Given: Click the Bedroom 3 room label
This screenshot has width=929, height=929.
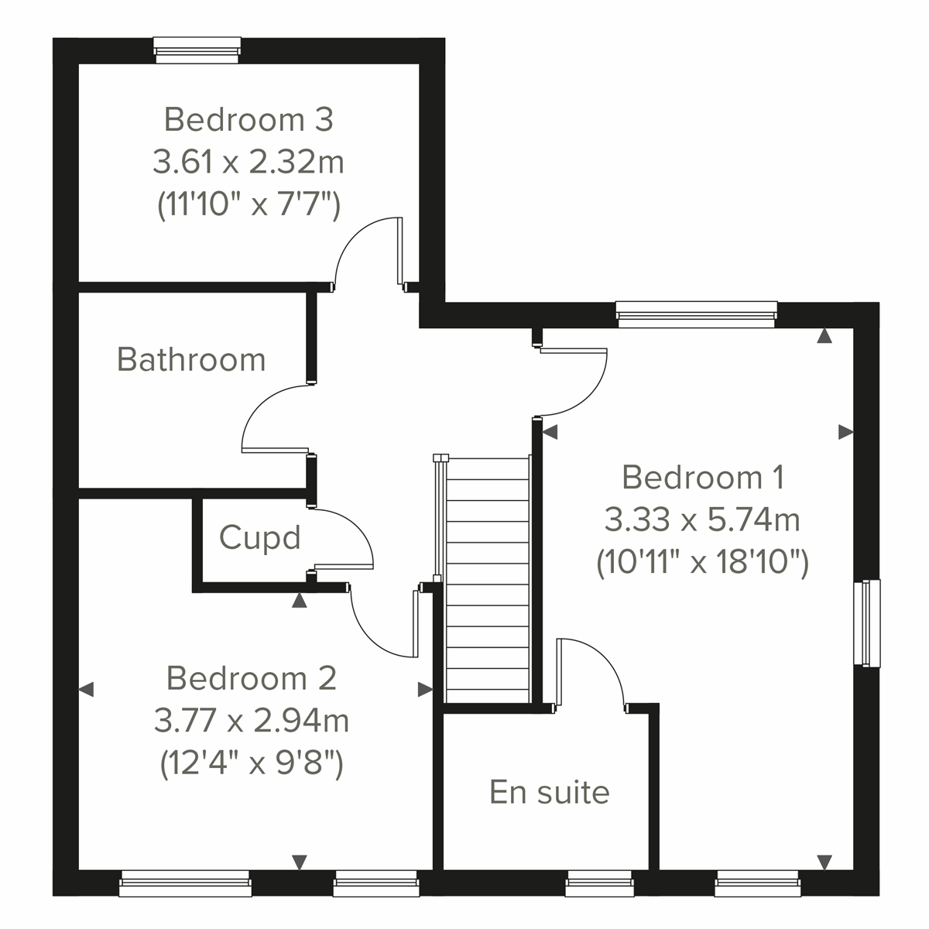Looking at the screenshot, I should tap(249, 120).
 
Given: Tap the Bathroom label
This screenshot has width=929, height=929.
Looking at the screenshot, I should tap(191, 360).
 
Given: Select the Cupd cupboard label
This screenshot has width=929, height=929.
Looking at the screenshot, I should tap(259, 537).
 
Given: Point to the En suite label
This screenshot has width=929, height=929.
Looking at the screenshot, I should tap(550, 792).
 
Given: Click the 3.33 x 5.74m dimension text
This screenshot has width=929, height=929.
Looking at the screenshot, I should tap(702, 519).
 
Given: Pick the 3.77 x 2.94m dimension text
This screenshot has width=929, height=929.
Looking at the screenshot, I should tap(252, 721).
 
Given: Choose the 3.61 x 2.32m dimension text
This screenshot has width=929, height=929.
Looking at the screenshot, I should tap(249, 163).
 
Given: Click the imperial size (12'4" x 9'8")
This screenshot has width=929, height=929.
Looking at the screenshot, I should tap(252, 764).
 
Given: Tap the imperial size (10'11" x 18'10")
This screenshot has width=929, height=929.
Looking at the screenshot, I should tap(702, 562).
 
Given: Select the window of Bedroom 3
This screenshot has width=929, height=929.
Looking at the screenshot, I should tap(197, 50).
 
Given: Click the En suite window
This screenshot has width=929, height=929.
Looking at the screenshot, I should tap(598, 883).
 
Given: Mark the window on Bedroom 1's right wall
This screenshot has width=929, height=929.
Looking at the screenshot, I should tap(867, 622).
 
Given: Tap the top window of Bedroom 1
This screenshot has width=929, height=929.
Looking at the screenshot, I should tap(696, 314).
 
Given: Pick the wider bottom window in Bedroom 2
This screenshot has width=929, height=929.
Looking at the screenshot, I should tap(186, 883).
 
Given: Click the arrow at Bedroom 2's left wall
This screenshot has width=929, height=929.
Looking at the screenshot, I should tap(87, 688).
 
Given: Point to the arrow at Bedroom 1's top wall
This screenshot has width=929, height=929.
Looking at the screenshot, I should tap(824, 337).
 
